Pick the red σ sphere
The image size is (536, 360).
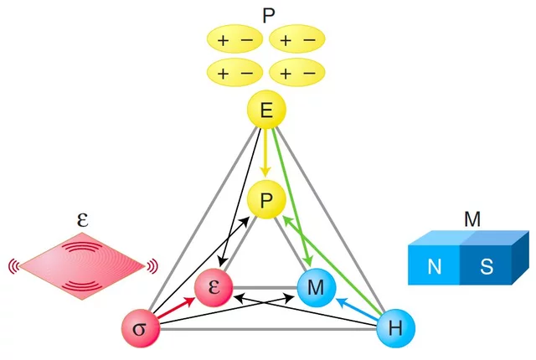[x=140, y=327]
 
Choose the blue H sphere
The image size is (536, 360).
[x=395, y=327]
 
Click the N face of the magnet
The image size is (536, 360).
[x=434, y=267]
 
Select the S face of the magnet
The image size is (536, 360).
[x=486, y=267]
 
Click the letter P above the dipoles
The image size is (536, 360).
[x=267, y=14]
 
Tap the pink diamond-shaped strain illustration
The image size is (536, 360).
[x=82, y=266]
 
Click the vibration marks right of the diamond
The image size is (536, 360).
[x=152, y=266]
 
